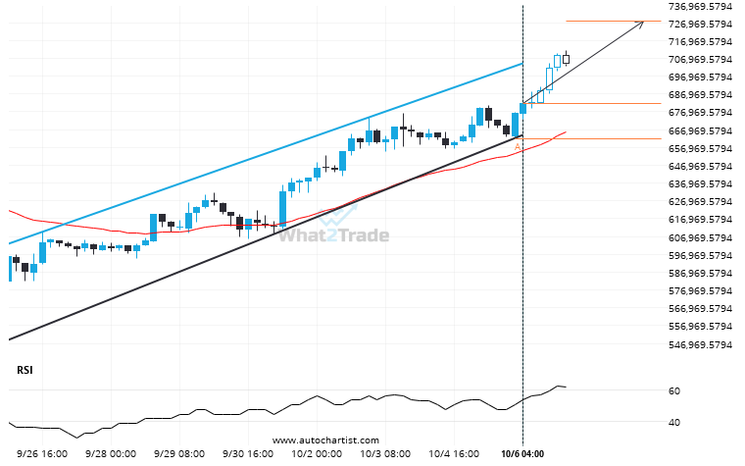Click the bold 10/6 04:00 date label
(521, 454)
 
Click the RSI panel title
(24, 370)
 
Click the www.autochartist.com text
(324, 440)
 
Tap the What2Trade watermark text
(333, 235)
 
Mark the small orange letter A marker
(517, 146)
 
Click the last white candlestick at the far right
(566, 59)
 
